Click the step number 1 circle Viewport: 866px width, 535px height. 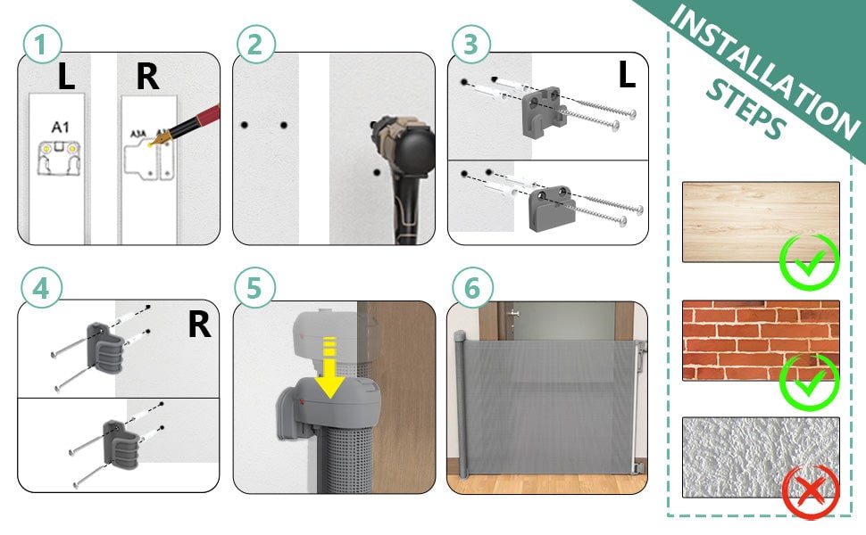[42, 45]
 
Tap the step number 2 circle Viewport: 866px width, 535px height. [256, 45]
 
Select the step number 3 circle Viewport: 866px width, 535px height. [470, 45]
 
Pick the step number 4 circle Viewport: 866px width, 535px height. [42, 291]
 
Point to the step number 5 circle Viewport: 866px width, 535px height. [256, 291]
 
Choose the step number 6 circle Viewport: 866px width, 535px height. [470, 291]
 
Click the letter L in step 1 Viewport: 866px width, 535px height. [65, 78]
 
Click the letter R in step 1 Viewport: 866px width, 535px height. [147, 78]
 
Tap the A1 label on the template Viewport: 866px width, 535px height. [60, 128]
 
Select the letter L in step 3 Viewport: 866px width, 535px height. [626, 76]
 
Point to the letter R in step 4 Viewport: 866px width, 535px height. [198, 325]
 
